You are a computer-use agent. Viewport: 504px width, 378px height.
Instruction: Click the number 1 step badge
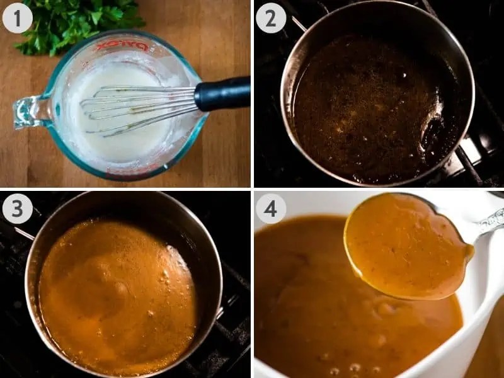(17, 18)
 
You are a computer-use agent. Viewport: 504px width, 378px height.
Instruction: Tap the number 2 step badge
(270, 18)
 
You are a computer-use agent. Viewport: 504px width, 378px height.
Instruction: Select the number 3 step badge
(17, 209)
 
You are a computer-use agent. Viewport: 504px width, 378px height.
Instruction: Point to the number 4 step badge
(270, 209)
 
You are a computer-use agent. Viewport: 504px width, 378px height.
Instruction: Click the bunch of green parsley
(76, 22)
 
